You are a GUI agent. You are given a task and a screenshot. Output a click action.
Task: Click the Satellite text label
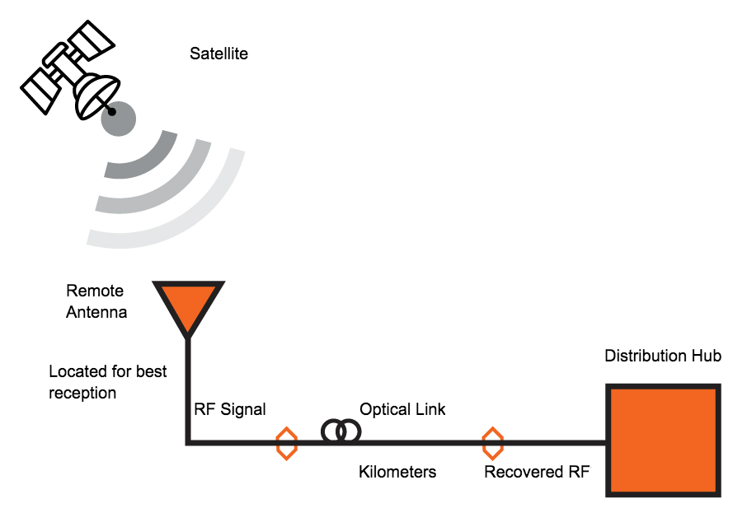(218, 54)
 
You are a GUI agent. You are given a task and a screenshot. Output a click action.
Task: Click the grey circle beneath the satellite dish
(118, 119)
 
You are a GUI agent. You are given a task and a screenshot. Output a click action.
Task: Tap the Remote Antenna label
(96, 301)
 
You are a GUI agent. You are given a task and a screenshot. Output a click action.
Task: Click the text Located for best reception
(107, 382)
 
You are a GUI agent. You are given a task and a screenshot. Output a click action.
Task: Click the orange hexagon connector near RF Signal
(285, 443)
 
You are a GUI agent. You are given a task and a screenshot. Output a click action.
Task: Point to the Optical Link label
(402, 409)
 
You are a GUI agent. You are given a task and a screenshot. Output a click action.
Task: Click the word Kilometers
(397, 473)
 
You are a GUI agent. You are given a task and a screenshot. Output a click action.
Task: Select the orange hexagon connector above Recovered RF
(492, 443)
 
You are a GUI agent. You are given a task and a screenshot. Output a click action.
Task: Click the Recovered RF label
(536, 473)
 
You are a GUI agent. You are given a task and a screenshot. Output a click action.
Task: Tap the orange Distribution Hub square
(663, 440)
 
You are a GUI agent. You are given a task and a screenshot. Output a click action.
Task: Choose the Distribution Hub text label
(663, 357)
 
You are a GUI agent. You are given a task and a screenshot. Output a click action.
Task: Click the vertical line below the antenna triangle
(188, 387)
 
